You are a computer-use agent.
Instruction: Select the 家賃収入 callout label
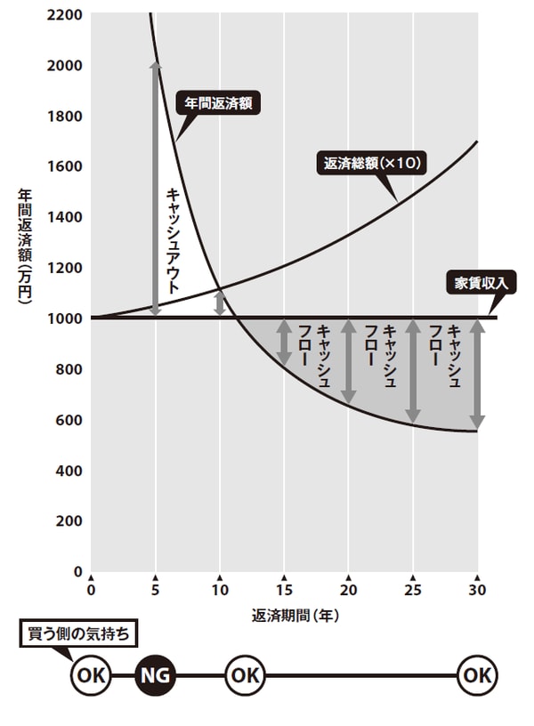point(480,284)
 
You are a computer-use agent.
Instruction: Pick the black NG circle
point(157,676)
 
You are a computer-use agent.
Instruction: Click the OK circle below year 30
point(478,676)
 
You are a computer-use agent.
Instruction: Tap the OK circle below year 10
point(244,676)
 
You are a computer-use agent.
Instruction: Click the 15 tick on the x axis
point(285,590)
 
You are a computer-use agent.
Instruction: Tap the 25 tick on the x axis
point(413,590)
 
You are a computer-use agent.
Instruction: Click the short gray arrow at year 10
point(221,302)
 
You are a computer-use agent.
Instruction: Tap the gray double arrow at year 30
point(478,374)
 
